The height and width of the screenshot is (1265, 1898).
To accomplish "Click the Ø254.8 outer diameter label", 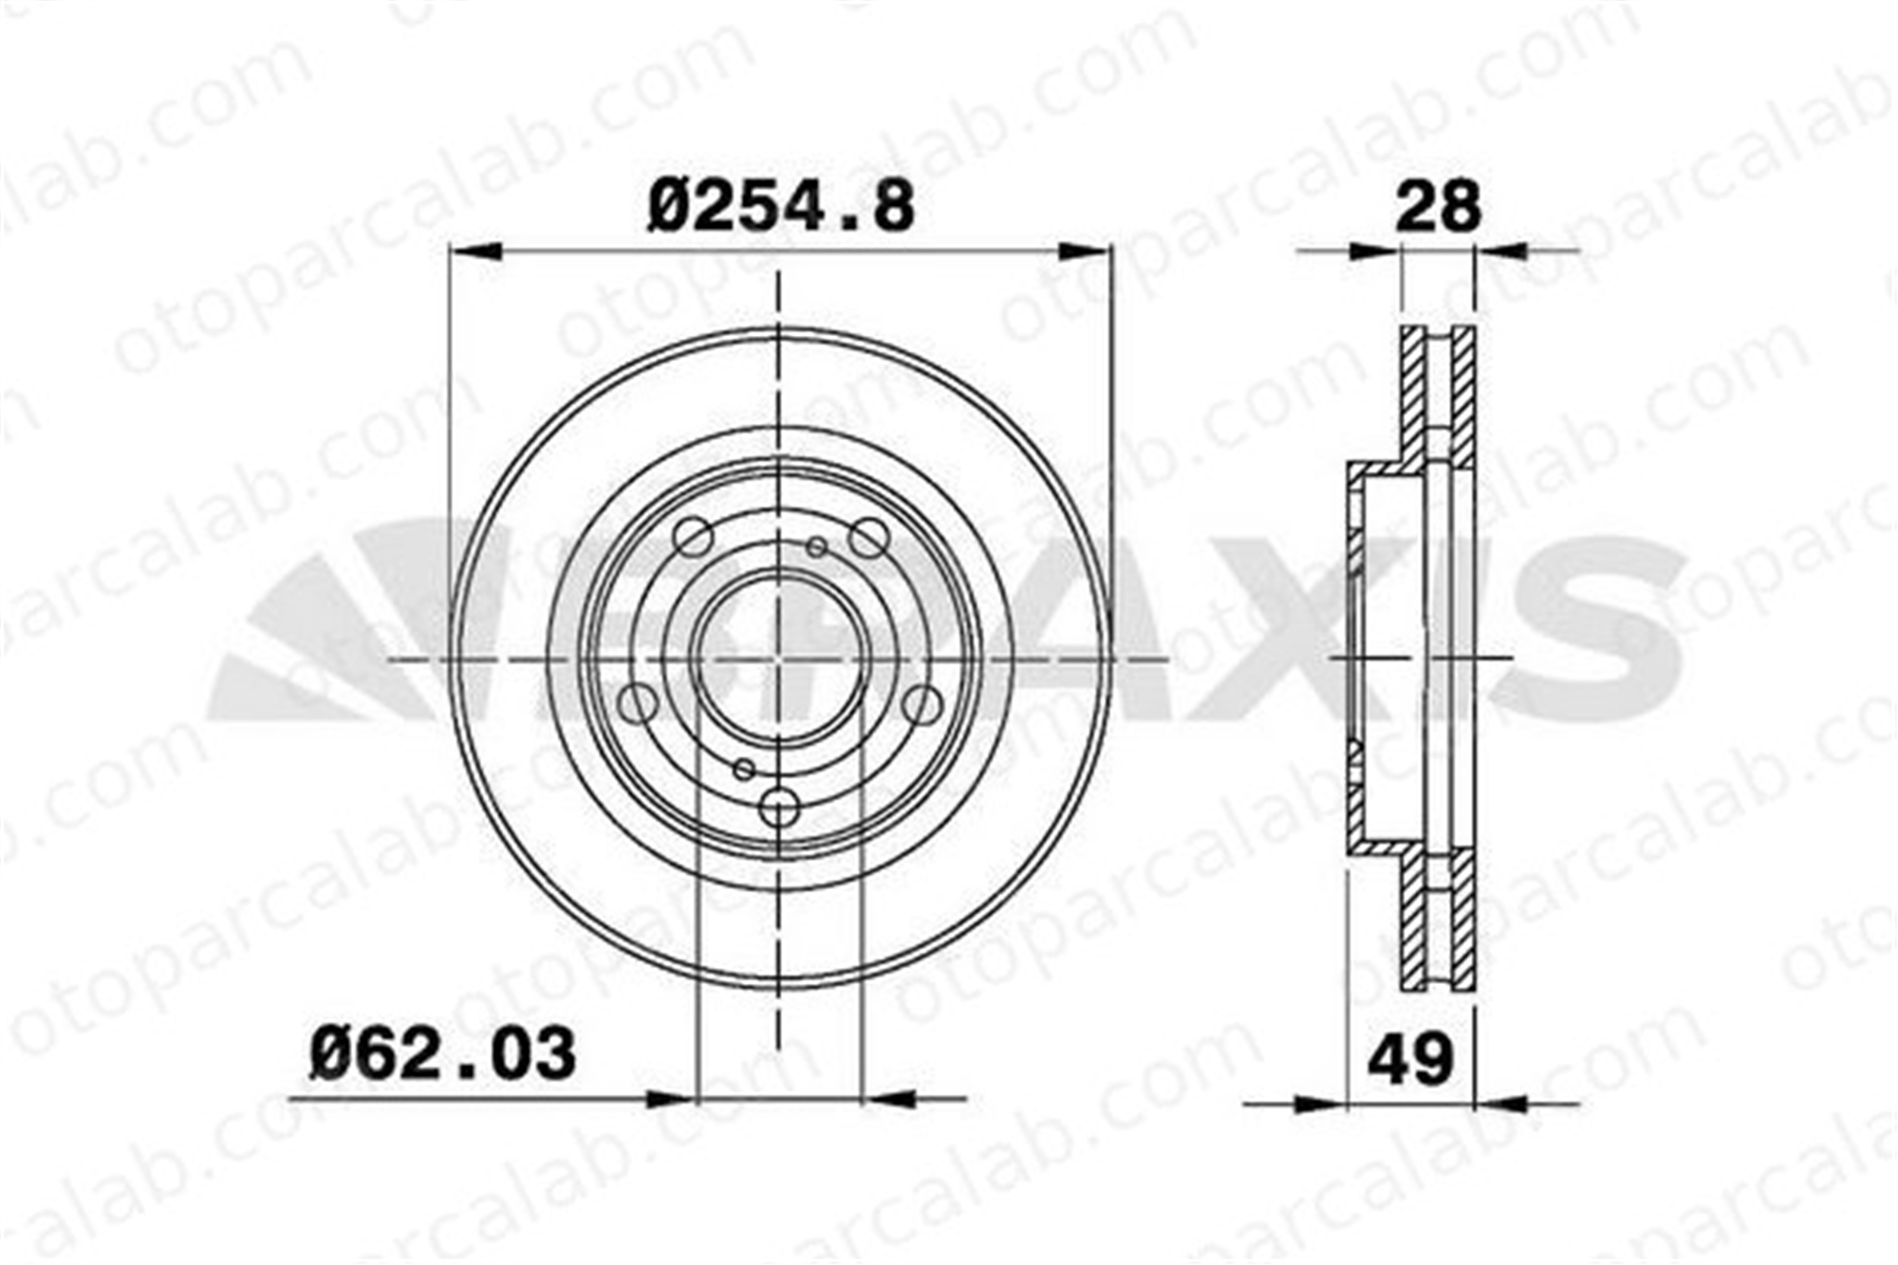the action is pos(780,208).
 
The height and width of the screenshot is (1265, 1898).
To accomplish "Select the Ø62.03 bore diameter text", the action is pos(442,1053).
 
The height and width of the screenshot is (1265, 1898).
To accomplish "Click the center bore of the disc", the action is pos(778,658).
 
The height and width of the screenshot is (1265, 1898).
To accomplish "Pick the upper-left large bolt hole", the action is pos(693,537).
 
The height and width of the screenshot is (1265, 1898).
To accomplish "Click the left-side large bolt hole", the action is pos(638,703).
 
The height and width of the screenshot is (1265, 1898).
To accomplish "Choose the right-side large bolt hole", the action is pos(921,703).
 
